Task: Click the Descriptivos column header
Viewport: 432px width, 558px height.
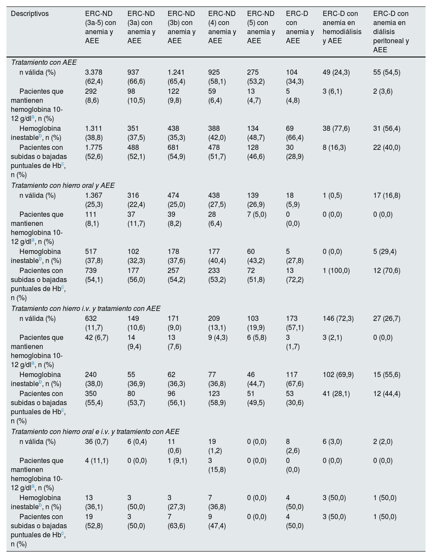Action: pyautogui.click(x=30, y=13)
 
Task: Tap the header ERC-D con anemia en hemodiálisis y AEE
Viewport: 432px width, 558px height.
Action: pyautogui.click(x=342, y=27)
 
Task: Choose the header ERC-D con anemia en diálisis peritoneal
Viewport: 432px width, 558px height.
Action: pyautogui.click(x=391, y=32)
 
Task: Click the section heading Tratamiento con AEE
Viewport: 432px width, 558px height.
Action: pyautogui.click(x=44, y=62)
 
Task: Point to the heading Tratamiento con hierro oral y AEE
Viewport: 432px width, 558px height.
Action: pyautogui.click(x=63, y=185)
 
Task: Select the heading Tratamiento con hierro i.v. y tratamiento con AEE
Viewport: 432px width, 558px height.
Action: pyautogui.click(x=86, y=308)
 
